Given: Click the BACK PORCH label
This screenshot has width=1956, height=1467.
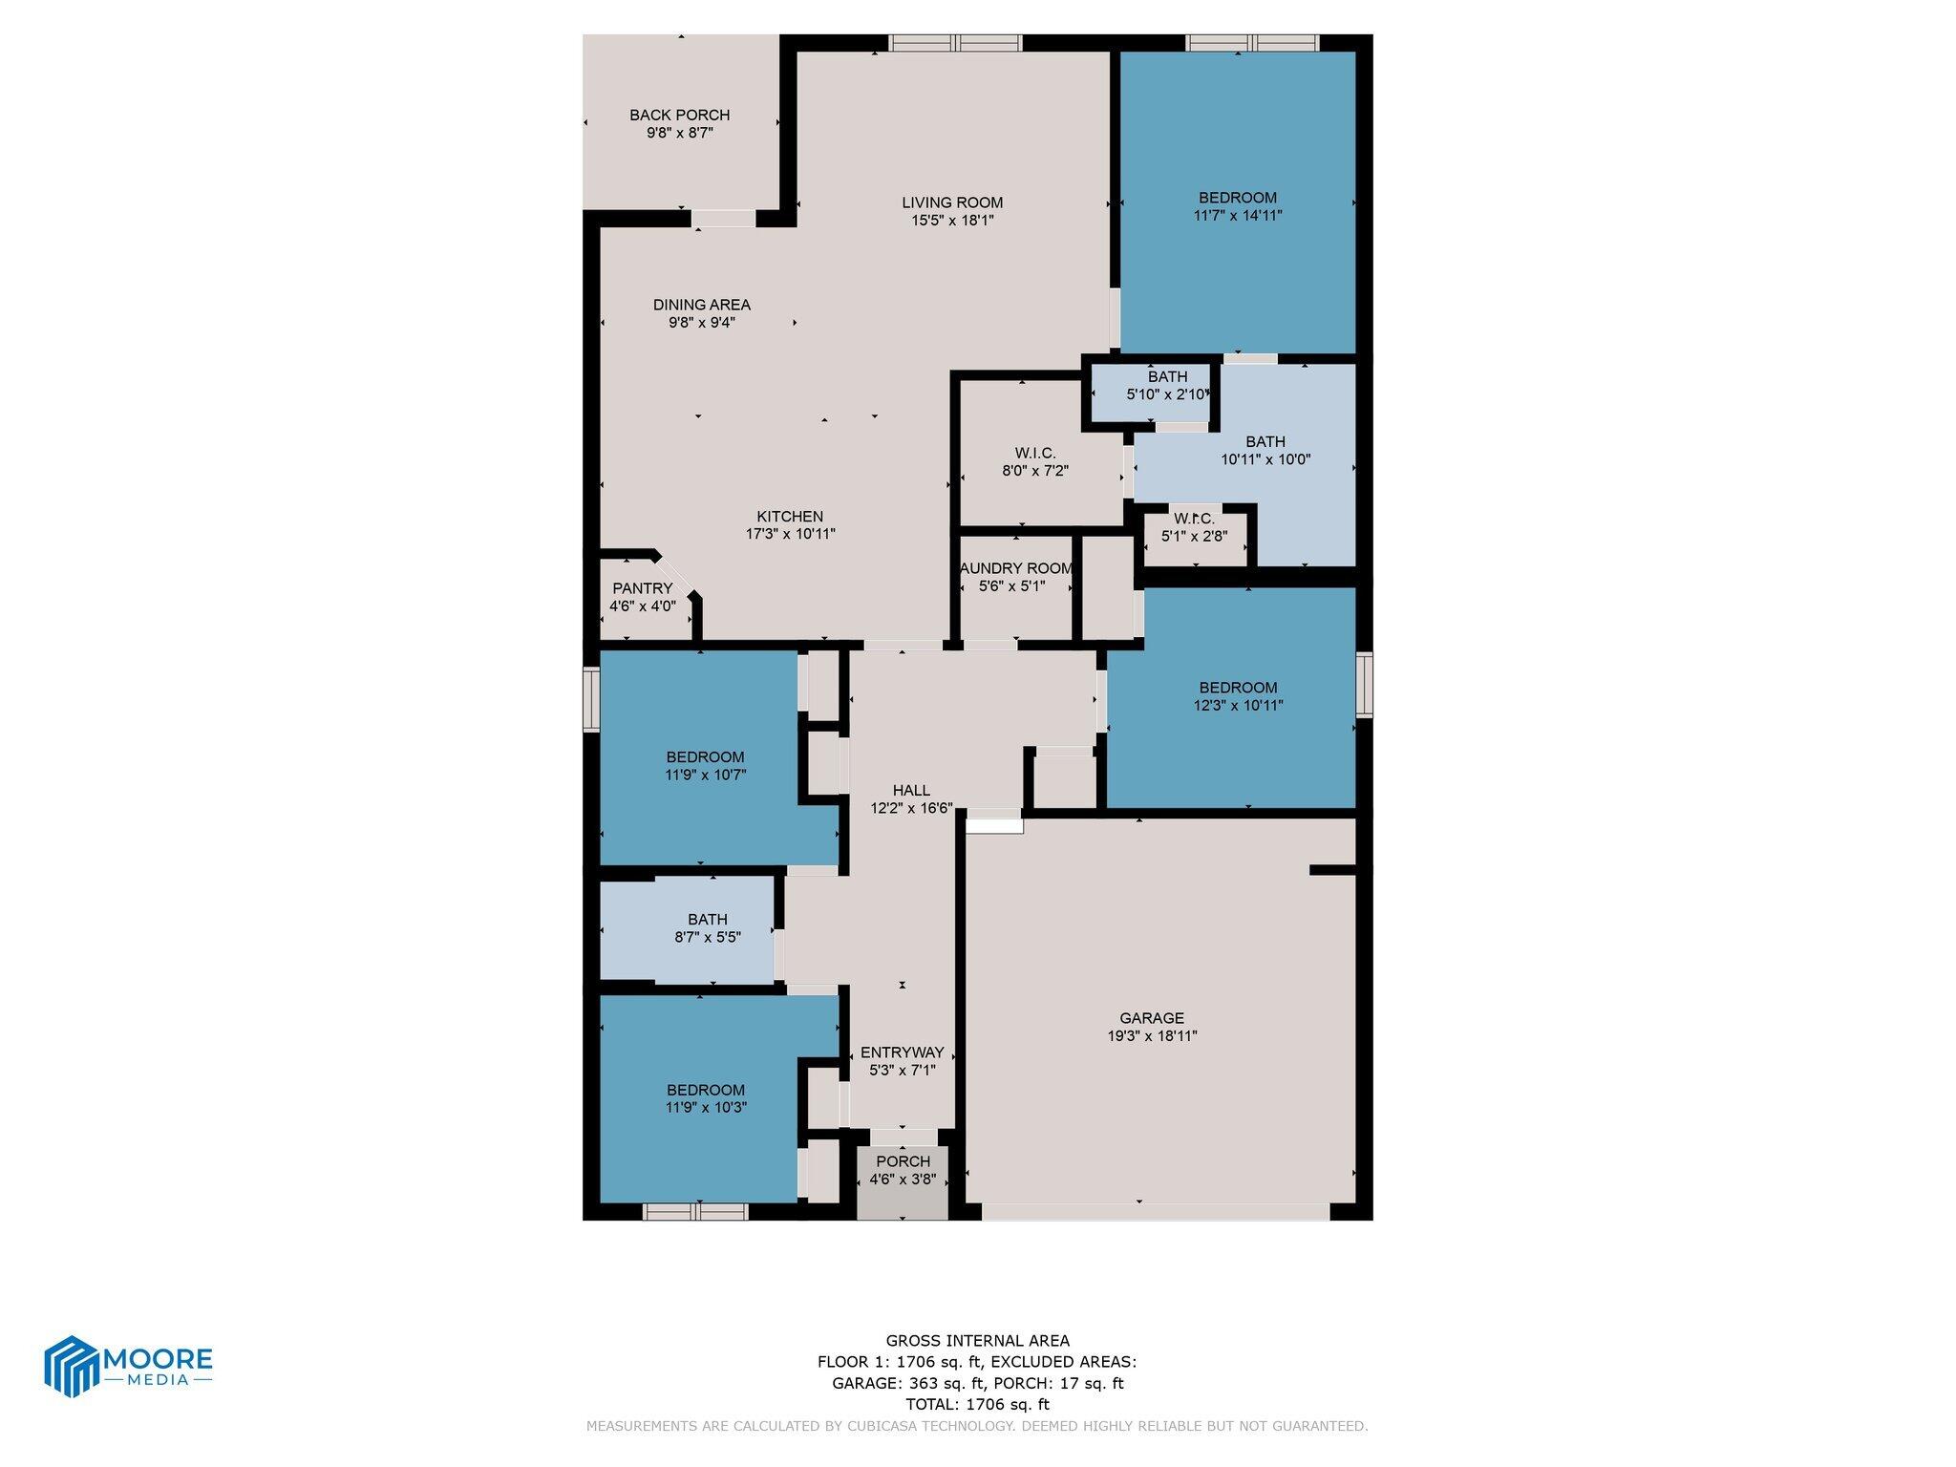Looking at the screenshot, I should coord(679,116).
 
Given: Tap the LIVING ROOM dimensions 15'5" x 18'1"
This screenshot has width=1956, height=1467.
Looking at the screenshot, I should coord(952,221).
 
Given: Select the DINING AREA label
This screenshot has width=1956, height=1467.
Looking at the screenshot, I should coord(701,305).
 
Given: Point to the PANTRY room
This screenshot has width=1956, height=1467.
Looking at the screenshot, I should coord(642,597).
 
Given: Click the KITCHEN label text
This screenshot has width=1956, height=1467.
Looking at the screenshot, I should coord(790,517).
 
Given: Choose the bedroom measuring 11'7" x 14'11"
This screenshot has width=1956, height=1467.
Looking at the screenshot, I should coord(1237,206).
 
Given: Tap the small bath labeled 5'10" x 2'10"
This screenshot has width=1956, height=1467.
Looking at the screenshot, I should coord(1167,385).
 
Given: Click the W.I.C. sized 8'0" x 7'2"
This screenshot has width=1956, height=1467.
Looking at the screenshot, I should coord(1034,461).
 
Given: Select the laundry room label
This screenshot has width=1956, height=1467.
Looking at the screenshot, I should coord(1015,568).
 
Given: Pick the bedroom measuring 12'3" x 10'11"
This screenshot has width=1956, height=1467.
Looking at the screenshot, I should coord(1237,696).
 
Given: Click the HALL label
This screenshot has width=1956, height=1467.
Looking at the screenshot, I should coord(911,790).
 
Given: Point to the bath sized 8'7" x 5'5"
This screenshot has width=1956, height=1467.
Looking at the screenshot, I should coord(707,928).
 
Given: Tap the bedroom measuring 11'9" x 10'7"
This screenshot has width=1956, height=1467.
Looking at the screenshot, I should coord(705,766).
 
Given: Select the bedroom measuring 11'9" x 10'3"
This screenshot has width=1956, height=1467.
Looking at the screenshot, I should coord(705,1098).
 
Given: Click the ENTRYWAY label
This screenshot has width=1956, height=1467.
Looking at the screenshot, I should coord(902,1052).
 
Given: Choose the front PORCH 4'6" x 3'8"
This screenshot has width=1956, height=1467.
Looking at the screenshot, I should coord(903,1170).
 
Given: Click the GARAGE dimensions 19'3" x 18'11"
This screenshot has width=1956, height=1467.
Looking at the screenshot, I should coord(1152,1035).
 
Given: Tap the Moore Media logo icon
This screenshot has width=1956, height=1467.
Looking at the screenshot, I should coord(73,1366).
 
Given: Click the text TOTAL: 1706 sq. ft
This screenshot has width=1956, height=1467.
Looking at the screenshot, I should coord(977,1404).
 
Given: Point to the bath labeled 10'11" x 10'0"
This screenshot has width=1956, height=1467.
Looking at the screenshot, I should coord(1265,450).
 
